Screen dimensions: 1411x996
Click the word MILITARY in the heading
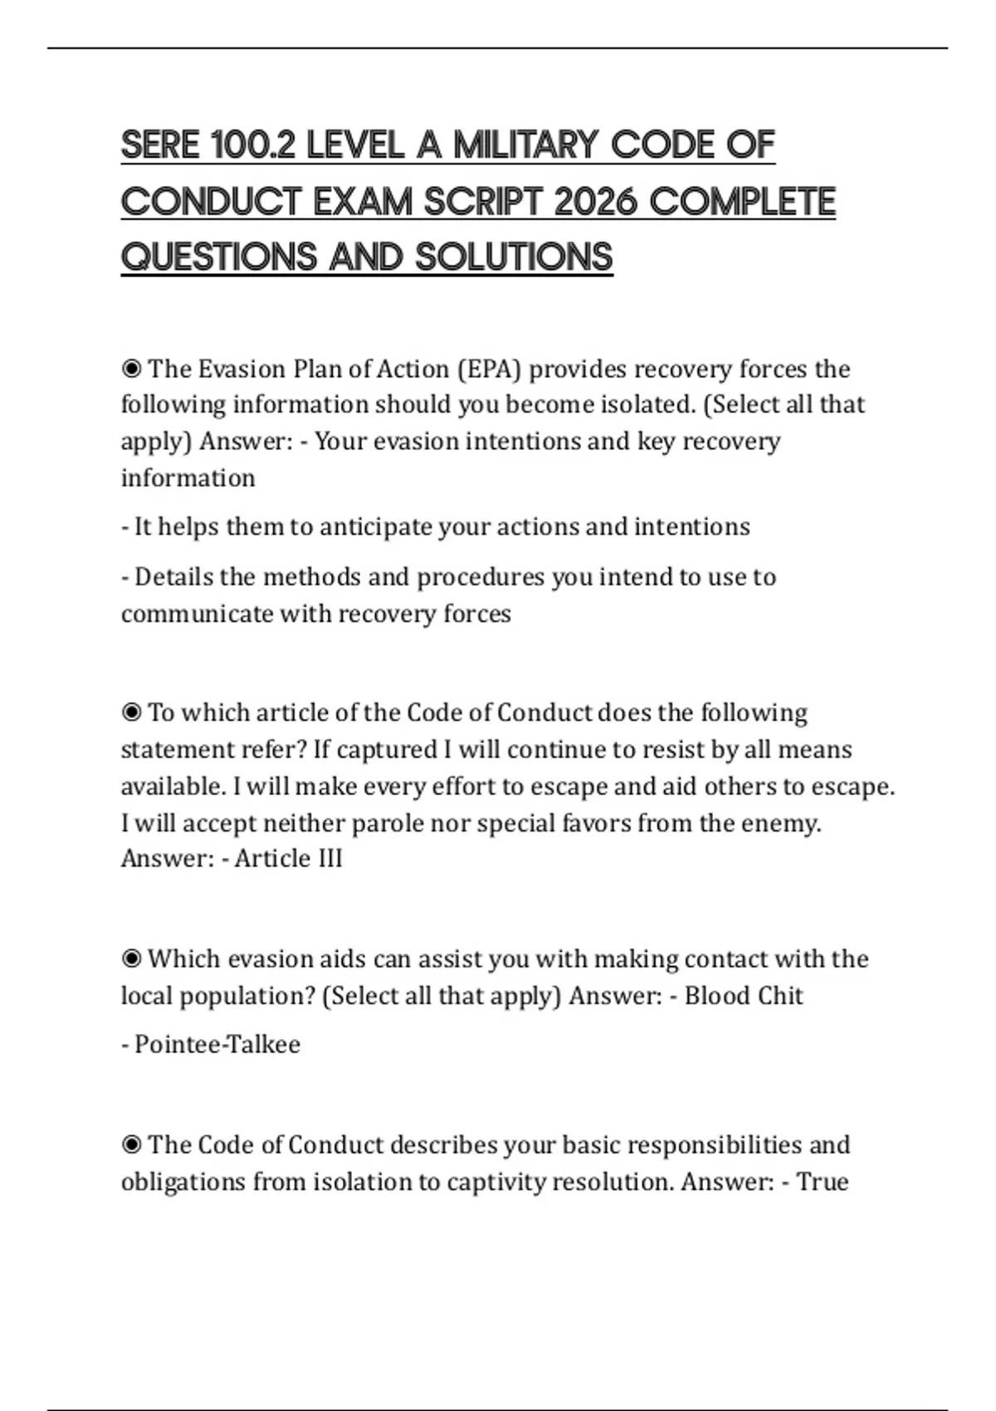pos(525,145)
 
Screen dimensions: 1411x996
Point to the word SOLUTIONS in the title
pos(514,257)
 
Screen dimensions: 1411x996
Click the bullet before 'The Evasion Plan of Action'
pos(131,369)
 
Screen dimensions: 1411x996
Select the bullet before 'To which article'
pos(131,713)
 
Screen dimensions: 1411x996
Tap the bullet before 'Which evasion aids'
pos(131,959)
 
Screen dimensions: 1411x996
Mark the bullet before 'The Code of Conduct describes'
pos(131,1145)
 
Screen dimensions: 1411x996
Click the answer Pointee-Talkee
pos(217,1044)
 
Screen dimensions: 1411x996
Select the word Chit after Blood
pos(777,996)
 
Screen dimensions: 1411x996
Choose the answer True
pos(823,1182)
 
